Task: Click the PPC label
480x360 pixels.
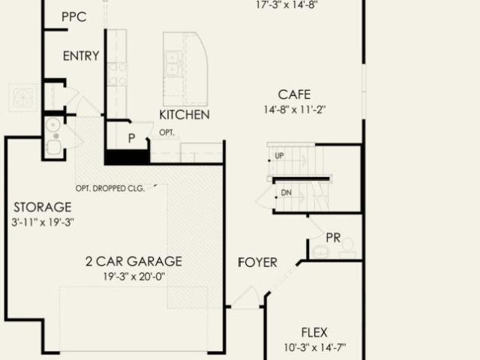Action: (x=73, y=16)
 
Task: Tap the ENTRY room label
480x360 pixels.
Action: (x=81, y=56)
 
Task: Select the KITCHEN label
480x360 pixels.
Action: (x=184, y=115)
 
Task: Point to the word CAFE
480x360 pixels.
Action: (x=294, y=94)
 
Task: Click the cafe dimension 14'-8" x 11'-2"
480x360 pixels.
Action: (x=295, y=109)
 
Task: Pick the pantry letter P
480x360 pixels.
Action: (x=132, y=138)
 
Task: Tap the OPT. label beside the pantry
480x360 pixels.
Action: (x=166, y=133)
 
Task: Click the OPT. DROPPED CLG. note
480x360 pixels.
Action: (x=110, y=188)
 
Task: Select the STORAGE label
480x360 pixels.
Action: (x=43, y=207)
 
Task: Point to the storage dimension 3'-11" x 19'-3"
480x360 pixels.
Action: (x=43, y=222)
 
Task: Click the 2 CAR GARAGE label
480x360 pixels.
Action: (x=133, y=262)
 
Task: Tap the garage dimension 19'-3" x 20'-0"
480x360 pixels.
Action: (x=134, y=277)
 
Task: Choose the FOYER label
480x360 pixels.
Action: (x=257, y=262)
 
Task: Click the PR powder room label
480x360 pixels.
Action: (x=333, y=238)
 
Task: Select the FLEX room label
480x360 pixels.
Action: (x=314, y=332)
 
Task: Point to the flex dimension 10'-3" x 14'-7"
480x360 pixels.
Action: (x=315, y=347)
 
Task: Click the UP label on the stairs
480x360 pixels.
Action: (x=279, y=156)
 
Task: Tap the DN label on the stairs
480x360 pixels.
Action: (x=286, y=193)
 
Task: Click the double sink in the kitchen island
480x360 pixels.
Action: (x=174, y=63)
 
